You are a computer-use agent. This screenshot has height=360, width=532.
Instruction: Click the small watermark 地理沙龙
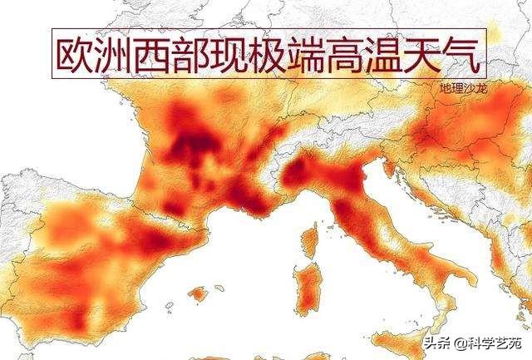point(461,86)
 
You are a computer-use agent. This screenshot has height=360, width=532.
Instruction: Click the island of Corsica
point(310,242)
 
